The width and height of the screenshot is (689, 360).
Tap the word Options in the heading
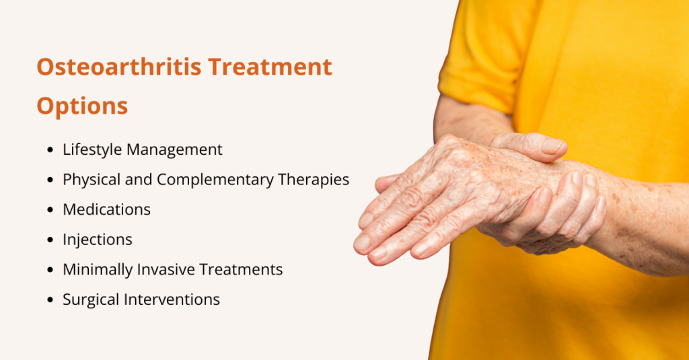coord(82,106)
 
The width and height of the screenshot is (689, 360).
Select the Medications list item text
coord(106,209)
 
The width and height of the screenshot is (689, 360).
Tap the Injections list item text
coord(98,240)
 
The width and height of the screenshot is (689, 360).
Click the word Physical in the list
coord(89,180)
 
